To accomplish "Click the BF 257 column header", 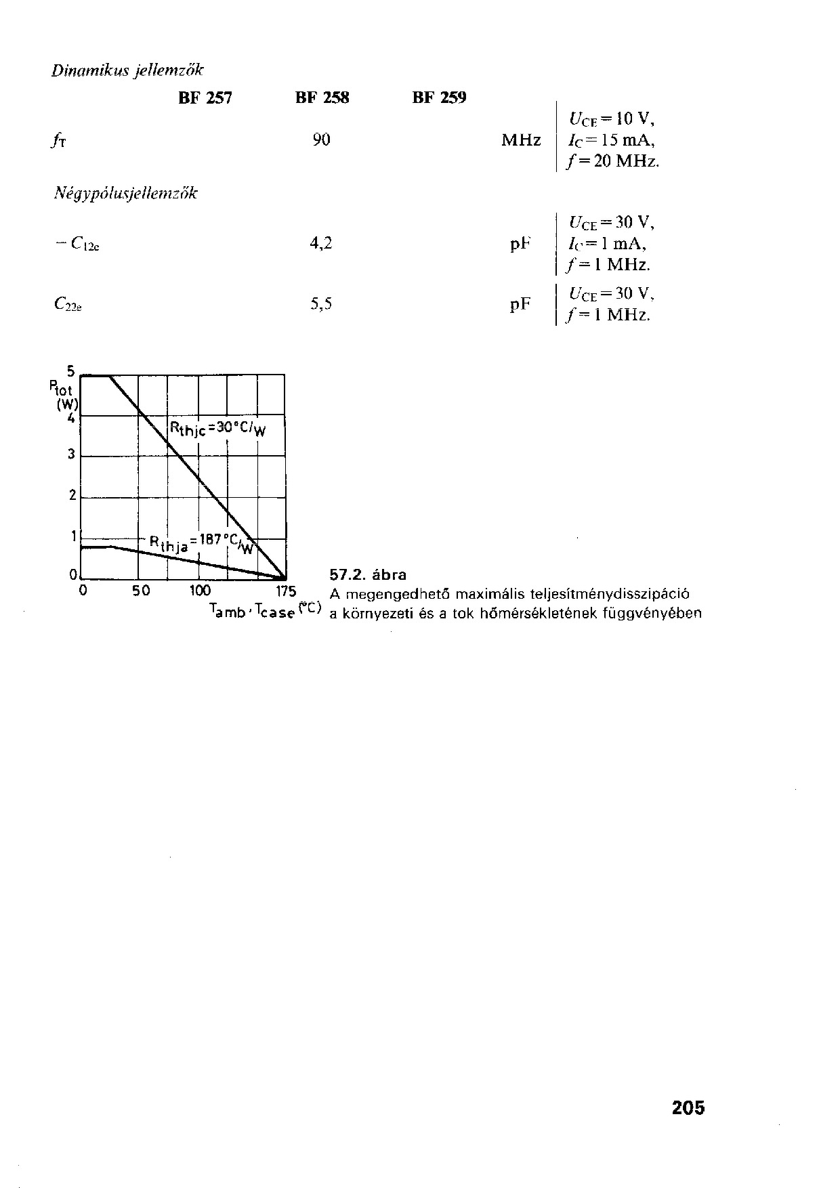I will (x=205, y=98).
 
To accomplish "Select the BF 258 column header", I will (x=322, y=98).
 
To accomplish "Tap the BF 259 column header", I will (x=440, y=98).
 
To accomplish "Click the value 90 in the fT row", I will (x=322, y=140).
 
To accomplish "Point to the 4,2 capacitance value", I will (x=321, y=243).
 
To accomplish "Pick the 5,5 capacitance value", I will (x=321, y=304).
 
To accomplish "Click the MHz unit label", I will (x=521, y=141).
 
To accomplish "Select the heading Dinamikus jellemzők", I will (x=127, y=70).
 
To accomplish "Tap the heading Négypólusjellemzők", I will (x=126, y=194).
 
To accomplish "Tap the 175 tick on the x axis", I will (x=287, y=591).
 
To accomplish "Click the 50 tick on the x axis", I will (x=141, y=591).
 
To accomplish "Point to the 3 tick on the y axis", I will (x=71, y=454).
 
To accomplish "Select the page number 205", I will (x=688, y=1107).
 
